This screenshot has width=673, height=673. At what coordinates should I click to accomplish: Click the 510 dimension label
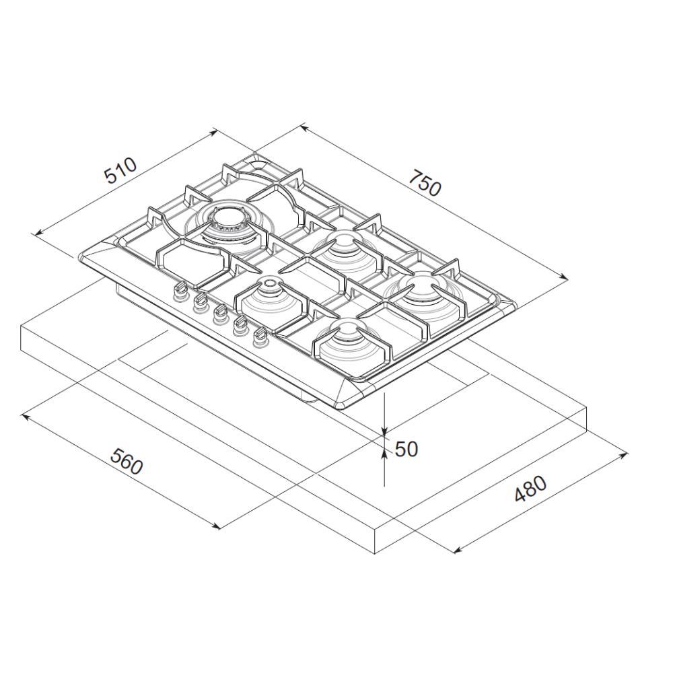120,170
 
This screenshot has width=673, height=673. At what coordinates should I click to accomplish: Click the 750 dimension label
425,182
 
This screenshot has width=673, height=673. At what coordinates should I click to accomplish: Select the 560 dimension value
127,462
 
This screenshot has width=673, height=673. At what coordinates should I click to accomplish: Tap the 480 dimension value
530,489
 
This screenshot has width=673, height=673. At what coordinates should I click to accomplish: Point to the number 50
406,449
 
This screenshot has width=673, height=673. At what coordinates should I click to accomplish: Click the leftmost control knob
180,290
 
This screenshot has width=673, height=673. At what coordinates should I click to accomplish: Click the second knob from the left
200,302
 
